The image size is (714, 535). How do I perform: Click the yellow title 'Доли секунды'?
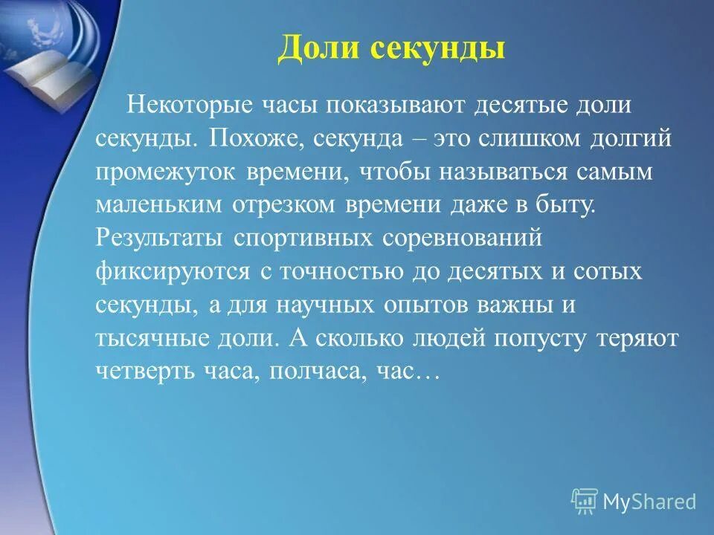point(391,48)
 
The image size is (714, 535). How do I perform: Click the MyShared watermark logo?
point(634,502)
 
